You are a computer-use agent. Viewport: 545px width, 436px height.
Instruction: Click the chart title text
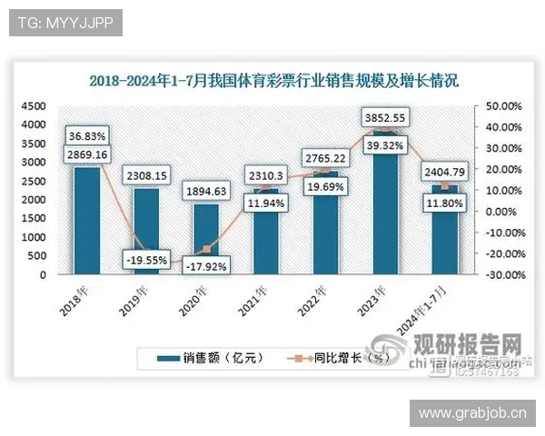point(275,80)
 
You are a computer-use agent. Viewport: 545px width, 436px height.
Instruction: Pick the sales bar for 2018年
point(87,223)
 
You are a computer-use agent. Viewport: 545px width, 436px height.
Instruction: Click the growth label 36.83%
point(87,136)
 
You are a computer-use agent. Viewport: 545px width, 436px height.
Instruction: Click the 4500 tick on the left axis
point(34,106)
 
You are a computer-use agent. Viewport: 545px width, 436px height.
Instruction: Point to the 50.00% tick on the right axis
point(502,106)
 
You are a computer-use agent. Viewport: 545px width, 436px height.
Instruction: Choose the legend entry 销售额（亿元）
point(209,358)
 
